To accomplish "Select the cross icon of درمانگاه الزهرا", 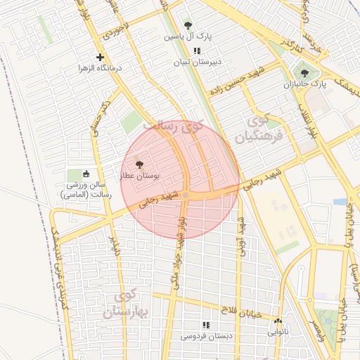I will pos(100,57).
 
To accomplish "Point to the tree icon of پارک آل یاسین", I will pos(187,25).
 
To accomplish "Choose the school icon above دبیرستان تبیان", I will pos(198,51).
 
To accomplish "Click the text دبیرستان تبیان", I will pos(198,62).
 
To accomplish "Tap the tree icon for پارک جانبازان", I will pos(304,73).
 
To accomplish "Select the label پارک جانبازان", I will pos(307,84).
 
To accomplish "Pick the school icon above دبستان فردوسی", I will pos(206,326).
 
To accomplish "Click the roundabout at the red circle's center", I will pos(186,195).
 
